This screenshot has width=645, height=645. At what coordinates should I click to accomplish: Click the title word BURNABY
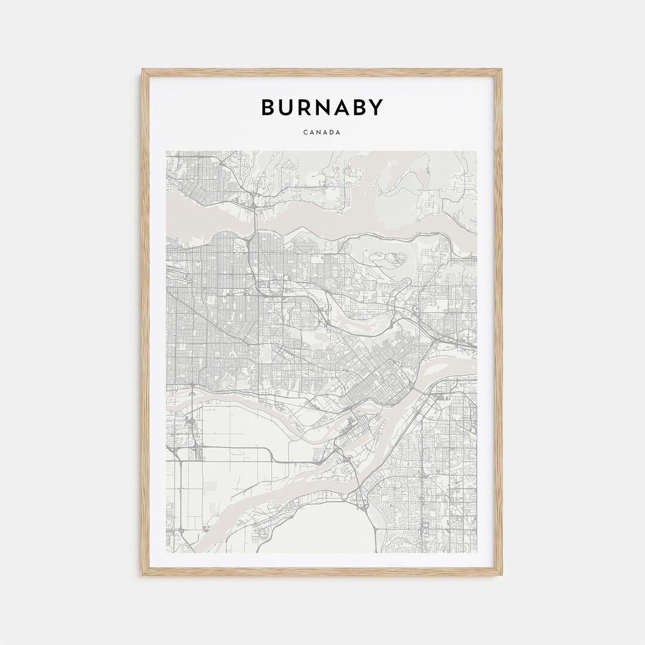(x=322, y=107)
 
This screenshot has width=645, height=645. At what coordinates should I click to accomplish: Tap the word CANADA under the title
(x=322, y=133)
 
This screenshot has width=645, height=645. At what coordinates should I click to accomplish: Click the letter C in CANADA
(x=305, y=133)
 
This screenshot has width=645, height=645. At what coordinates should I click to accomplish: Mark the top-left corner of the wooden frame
(x=143, y=70)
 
